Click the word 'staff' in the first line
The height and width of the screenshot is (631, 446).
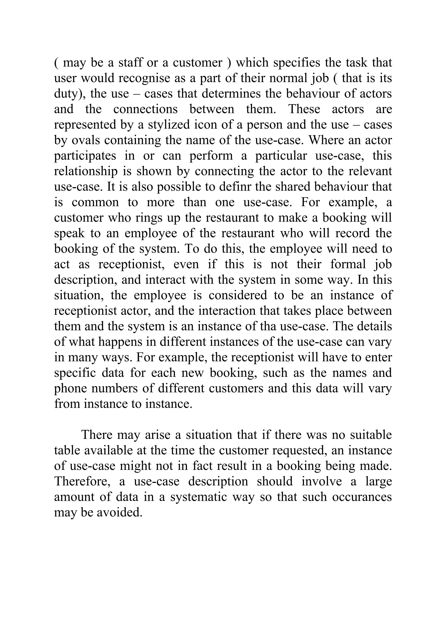(x=130, y=63)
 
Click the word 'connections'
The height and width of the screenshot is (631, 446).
(x=146, y=109)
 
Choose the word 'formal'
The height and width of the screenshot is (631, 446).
(x=348, y=264)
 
